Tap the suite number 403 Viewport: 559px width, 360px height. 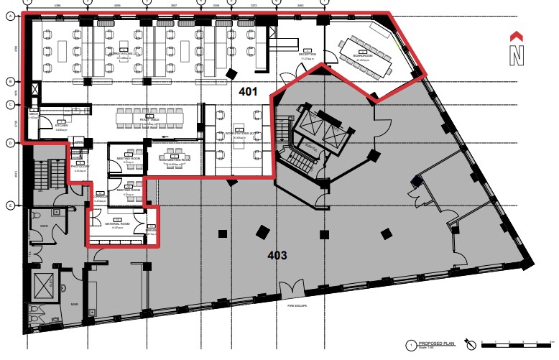pos(277,255)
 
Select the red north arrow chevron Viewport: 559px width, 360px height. pos(516,36)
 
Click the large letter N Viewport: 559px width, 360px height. pos(516,55)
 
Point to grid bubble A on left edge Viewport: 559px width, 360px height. pos(10,19)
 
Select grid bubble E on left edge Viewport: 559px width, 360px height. pos(10,206)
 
